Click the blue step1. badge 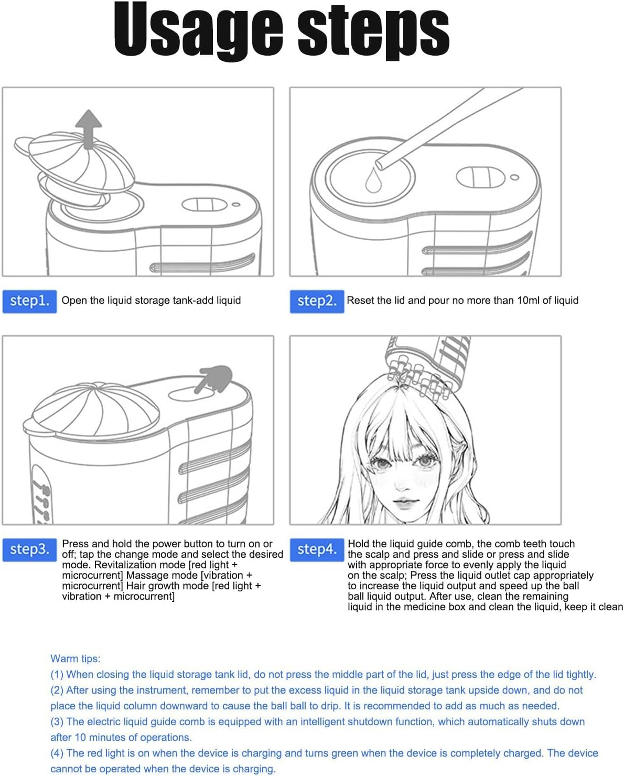tap(29, 301)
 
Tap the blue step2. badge tap(317, 301)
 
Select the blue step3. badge tap(29, 549)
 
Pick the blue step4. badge tap(317, 549)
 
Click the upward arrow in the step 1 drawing tap(89, 129)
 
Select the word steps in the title tap(373, 31)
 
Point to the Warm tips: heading tap(76, 658)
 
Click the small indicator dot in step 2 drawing tap(515, 177)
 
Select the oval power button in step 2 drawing tap(479, 177)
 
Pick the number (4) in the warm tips tap(57, 753)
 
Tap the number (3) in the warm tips tap(57, 721)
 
